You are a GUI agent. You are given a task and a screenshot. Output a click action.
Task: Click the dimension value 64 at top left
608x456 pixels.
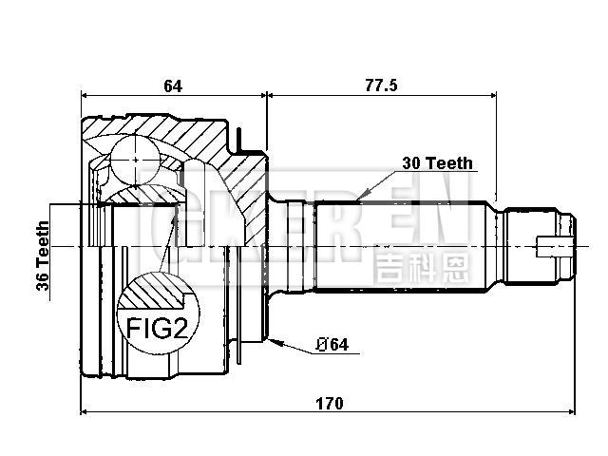coord(172,85)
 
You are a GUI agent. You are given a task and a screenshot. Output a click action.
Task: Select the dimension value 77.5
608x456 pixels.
coord(380,85)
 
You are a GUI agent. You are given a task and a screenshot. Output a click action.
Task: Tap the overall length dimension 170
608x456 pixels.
coord(329,403)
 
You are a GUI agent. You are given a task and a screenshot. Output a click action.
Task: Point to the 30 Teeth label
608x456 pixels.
coord(437,162)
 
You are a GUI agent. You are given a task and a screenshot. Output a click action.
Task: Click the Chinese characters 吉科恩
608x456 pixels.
coord(421,267)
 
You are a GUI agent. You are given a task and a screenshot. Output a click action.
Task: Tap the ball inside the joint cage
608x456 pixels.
coord(135,156)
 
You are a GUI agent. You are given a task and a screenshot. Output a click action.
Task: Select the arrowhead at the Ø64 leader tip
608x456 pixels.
coord(273,337)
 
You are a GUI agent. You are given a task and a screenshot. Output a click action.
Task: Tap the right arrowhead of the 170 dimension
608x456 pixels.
coord(572,413)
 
